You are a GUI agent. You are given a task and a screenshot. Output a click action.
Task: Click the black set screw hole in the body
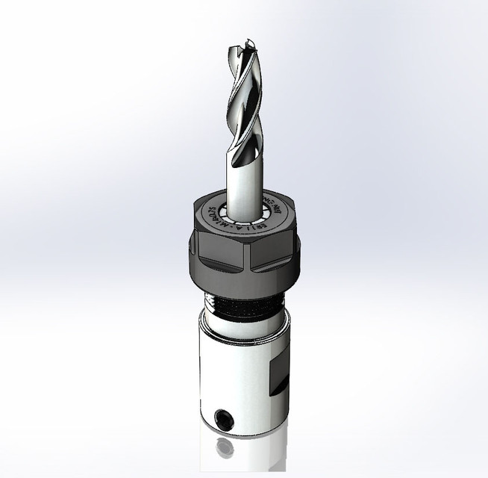222,417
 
